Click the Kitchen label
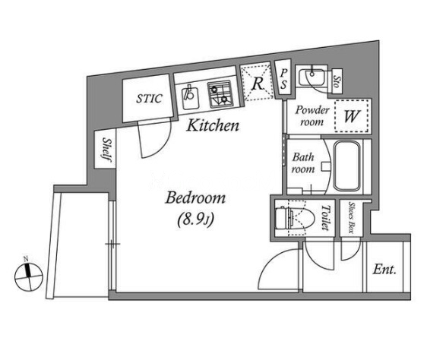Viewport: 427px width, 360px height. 213,125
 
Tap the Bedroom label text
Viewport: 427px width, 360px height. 195,198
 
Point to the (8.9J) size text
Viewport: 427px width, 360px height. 195,219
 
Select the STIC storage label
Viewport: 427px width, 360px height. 149,99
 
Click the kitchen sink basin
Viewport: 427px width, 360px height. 190,96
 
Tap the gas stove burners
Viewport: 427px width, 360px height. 220,94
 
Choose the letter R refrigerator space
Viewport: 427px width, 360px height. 258,84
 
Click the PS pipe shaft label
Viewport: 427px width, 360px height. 283,79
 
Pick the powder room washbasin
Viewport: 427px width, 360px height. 312,77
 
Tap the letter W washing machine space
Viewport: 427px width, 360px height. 352,116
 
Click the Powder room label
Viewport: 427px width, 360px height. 312,116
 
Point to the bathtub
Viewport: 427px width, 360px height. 347,166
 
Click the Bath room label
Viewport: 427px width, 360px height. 303,163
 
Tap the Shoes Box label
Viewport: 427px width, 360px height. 351,217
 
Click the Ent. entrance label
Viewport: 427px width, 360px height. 384,270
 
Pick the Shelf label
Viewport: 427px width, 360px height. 106,150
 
